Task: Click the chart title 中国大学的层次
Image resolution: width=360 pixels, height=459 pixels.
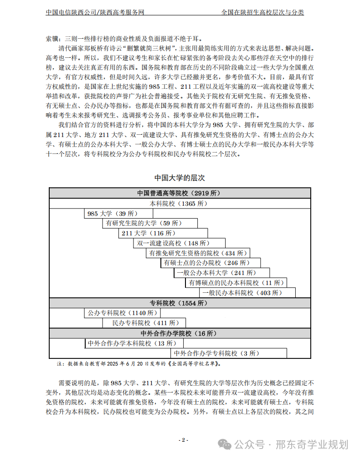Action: [180, 178]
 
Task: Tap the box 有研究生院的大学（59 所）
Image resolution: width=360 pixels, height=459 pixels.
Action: [150, 223]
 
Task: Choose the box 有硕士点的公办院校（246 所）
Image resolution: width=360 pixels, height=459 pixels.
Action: [211, 263]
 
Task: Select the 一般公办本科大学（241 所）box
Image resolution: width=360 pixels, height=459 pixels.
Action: [221, 273]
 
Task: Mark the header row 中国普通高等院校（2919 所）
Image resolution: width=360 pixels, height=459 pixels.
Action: [180, 193]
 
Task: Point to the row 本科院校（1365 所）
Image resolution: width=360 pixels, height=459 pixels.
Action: [180, 203]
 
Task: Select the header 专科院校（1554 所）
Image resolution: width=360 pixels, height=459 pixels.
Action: [180, 303]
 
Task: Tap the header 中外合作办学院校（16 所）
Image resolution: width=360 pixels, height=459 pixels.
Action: [180, 333]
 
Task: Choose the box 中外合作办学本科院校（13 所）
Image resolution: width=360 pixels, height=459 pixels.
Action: [134, 343]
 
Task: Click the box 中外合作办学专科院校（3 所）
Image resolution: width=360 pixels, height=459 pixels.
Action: [228, 353]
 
